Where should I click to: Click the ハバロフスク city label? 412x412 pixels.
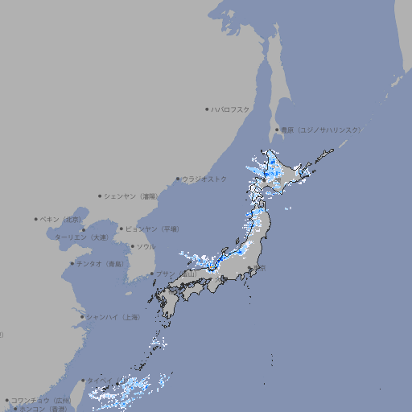231,109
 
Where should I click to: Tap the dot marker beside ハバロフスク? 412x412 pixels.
208,109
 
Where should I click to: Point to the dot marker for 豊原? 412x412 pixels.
278,130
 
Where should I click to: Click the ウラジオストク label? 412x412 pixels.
204,179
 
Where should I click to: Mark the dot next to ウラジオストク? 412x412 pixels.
178,179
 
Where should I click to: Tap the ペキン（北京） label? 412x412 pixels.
61,219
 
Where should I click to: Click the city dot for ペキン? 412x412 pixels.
36,219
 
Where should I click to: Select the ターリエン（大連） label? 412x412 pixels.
81,237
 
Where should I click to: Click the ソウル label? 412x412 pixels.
146,246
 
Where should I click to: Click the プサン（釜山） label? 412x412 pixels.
176,274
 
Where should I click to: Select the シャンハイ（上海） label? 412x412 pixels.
113,317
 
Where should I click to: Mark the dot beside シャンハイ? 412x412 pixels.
82,317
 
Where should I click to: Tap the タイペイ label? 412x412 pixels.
101,381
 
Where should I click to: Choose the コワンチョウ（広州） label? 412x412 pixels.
41,400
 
